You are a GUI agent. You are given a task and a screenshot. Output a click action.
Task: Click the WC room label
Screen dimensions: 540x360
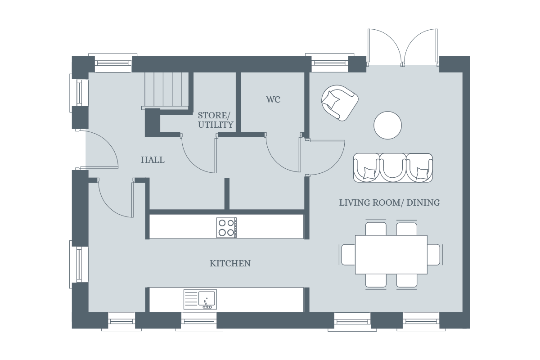click(273, 99)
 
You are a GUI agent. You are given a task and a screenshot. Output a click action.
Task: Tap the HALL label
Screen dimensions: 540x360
click(153, 160)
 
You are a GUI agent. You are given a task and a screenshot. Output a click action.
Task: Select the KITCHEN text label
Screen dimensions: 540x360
click(230, 263)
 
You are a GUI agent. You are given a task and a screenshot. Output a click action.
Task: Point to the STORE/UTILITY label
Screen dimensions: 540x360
click(216, 120)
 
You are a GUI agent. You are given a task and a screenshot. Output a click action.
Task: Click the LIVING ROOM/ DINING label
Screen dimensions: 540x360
click(389, 202)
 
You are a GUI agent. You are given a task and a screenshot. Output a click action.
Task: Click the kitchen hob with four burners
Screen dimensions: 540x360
click(226, 227)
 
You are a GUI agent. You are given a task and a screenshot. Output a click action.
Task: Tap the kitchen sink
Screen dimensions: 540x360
click(200, 299)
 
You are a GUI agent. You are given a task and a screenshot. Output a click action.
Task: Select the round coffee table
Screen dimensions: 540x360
click(387, 125)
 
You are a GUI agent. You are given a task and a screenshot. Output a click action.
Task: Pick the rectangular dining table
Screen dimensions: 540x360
click(391, 254)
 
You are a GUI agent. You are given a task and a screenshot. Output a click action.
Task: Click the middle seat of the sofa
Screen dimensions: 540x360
click(393, 167)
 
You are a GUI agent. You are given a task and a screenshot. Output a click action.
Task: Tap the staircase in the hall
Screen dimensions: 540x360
click(165, 90)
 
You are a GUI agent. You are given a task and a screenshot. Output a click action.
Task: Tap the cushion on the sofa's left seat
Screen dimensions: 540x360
click(369, 172)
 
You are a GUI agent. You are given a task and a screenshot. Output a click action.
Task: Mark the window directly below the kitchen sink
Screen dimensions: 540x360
click(199, 321)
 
